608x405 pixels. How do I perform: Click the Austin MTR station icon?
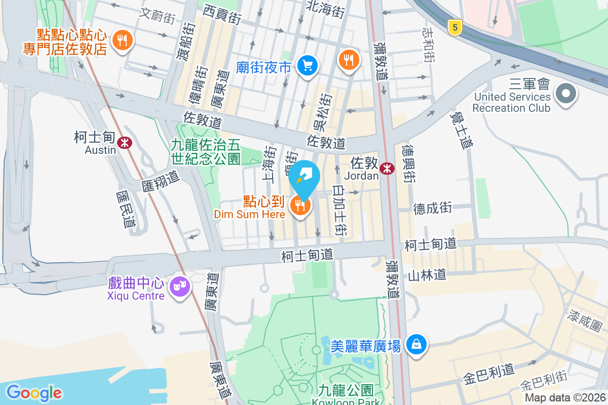[124, 143]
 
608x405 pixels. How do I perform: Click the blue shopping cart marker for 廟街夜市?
[307, 66]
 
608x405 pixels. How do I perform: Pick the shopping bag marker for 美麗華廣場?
[416, 345]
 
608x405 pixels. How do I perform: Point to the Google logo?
[34, 392]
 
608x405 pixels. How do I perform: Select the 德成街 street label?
[432, 208]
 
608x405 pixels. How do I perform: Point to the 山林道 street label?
[427, 275]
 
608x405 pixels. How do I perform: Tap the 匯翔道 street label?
[161, 180]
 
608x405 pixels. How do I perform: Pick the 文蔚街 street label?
[158, 16]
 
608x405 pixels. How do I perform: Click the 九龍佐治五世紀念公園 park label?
[205, 151]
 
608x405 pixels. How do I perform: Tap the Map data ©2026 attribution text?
[565, 398]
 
